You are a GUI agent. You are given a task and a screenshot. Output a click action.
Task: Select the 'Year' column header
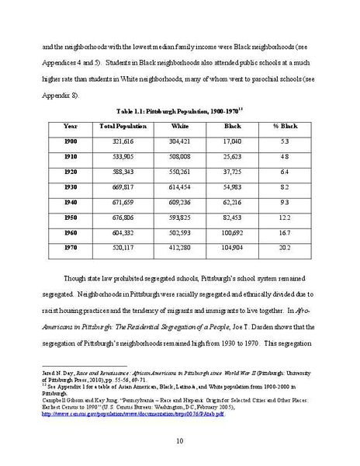[x=71, y=126]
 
